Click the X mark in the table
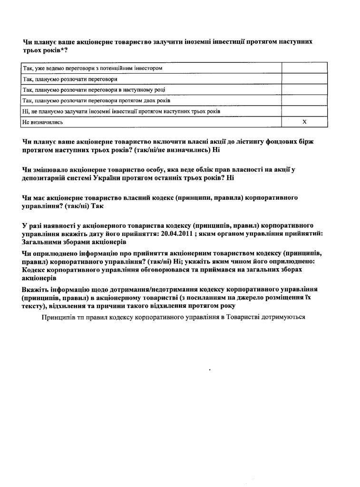pyautogui.click(x=305, y=122)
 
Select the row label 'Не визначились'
pyautogui.click(x=43, y=122)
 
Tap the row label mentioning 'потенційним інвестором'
pyautogui.click(x=93, y=68)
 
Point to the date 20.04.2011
pyautogui.click(x=177, y=234)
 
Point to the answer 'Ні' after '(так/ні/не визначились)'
pyautogui.click(x=216, y=150)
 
